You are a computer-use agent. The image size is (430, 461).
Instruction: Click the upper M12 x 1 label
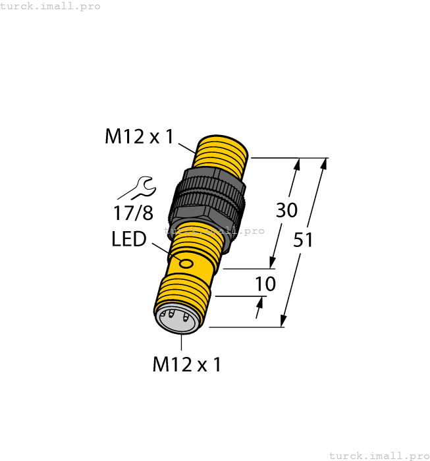click(x=139, y=137)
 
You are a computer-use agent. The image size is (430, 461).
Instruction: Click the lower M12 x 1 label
click(x=186, y=364)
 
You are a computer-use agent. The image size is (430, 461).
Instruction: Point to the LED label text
click(x=129, y=238)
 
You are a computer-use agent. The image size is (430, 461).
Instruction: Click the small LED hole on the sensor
click(x=186, y=265)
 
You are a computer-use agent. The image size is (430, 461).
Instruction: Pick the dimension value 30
click(x=286, y=211)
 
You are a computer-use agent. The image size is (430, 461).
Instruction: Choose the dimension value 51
click(x=303, y=240)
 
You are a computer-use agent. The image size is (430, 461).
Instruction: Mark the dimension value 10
click(x=265, y=285)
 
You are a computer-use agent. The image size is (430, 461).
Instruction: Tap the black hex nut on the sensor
click(x=207, y=198)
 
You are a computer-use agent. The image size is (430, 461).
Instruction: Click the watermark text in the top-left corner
click(x=51, y=6)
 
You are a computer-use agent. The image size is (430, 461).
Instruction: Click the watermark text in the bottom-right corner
click(x=378, y=455)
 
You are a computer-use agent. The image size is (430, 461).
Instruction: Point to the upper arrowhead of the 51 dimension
click(x=323, y=165)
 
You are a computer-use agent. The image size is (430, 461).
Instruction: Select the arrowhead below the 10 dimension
click(x=259, y=304)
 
